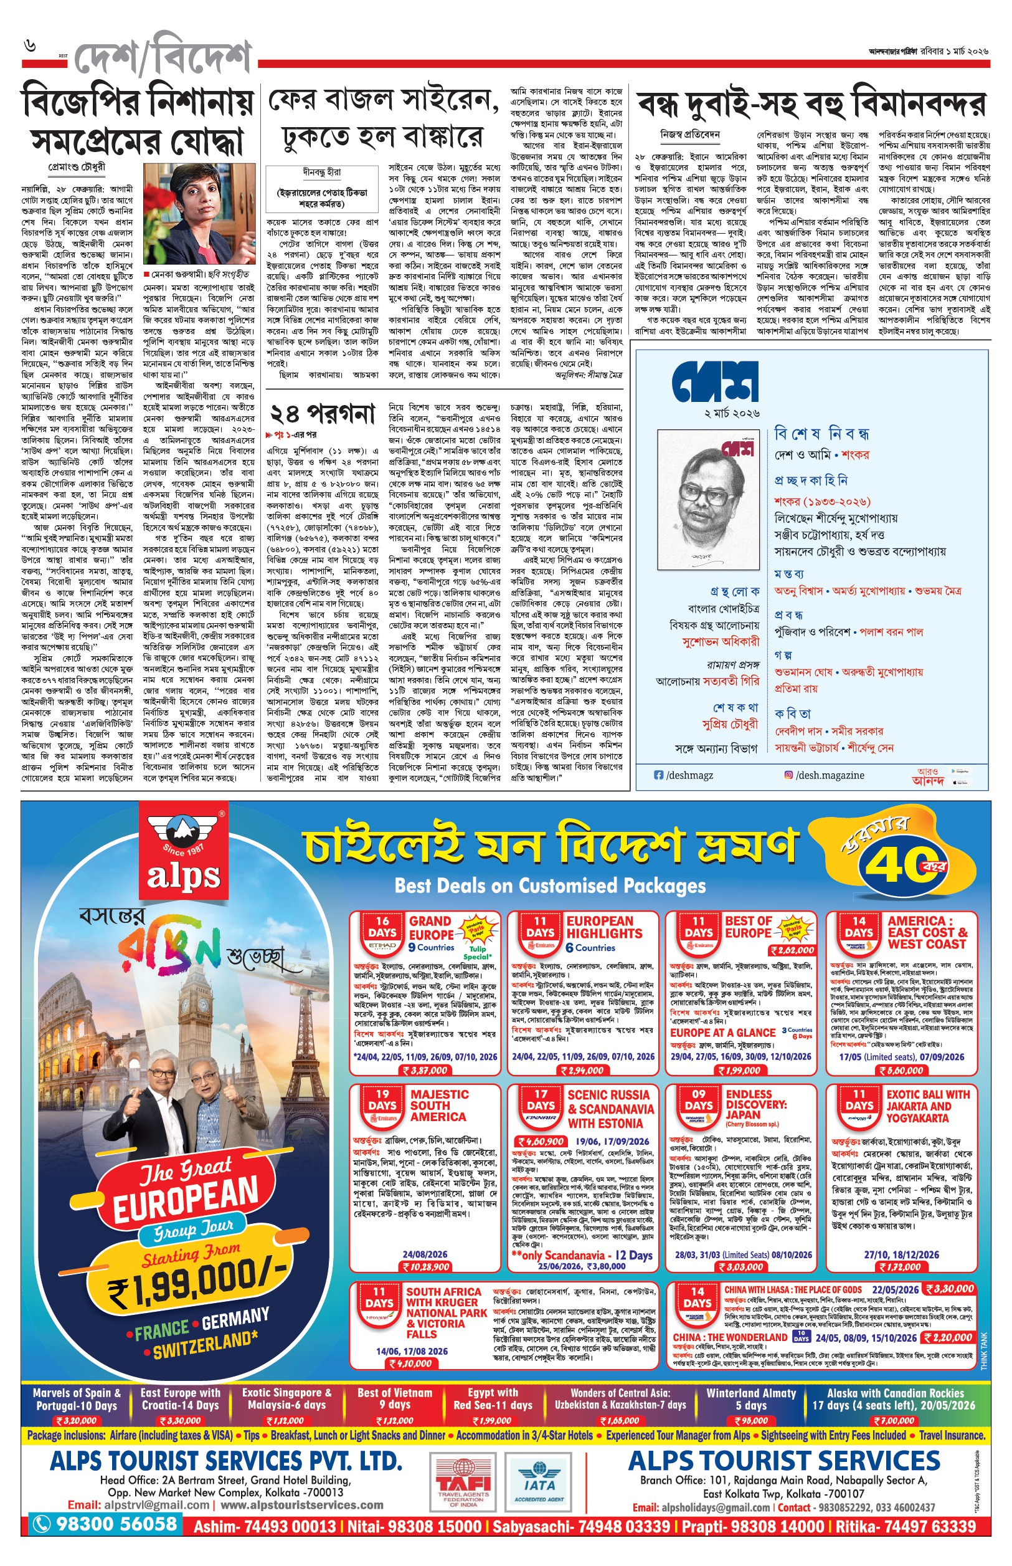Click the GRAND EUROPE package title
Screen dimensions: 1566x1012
[430, 928]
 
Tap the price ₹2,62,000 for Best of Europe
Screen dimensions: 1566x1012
[793, 950]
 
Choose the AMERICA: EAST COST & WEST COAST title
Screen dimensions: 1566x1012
[927, 932]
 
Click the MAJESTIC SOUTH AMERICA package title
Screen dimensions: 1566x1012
[439, 1105]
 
